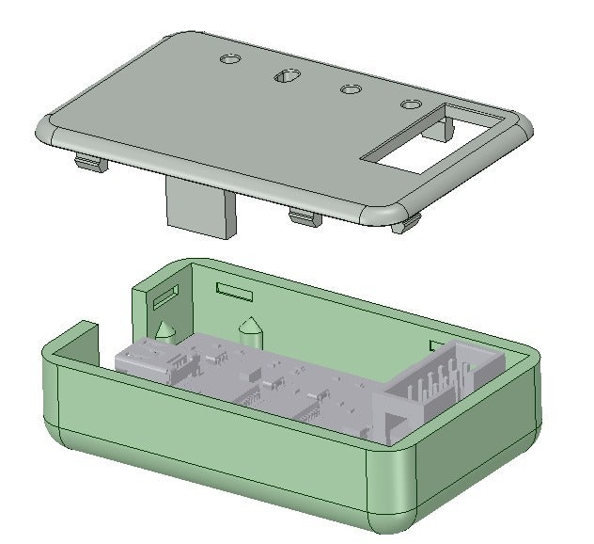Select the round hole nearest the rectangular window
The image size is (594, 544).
tap(411, 104)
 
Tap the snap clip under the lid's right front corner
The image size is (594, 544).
tap(407, 224)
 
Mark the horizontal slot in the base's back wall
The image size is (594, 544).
tap(235, 290)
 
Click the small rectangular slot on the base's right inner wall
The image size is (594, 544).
tap(434, 346)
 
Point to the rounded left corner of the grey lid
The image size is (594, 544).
tap(46, 129)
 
